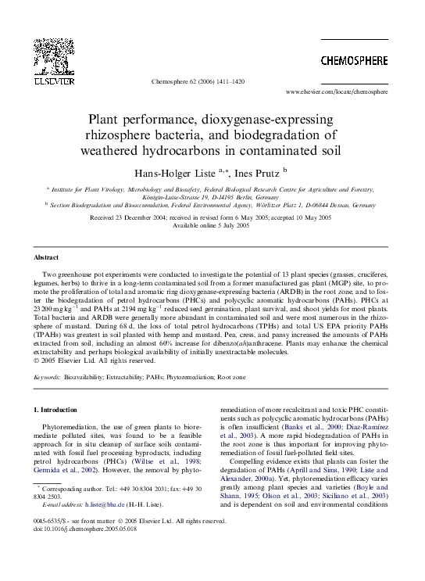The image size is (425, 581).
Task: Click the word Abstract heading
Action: pyautogui.click(x=46, y=257)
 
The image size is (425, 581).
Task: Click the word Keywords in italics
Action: pyautogui.click(x=47, y=376)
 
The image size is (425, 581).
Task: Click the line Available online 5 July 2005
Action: pyautogui.click(x=212, y=224)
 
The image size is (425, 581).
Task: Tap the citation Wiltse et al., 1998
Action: pyautogui.click(x=176, y=461)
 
